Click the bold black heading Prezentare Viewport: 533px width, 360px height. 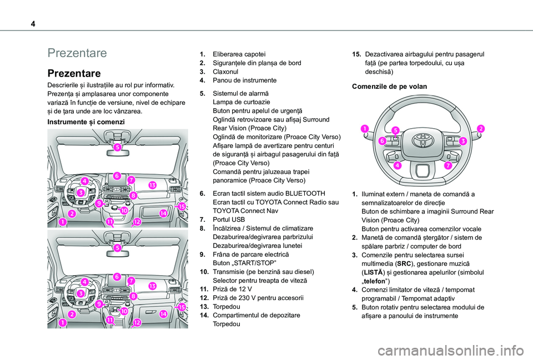click(74, 73)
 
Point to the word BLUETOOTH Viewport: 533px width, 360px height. click(315, 194)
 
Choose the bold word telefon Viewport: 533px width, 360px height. click(377, 282)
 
